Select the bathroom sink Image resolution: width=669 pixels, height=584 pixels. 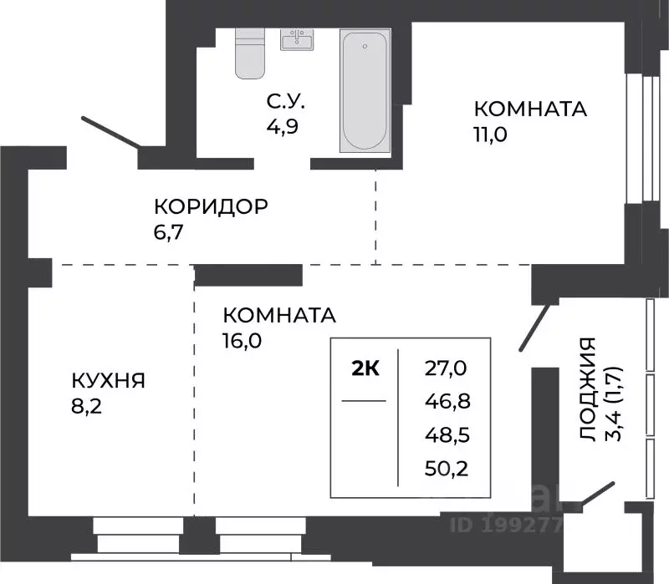tap(296, 41)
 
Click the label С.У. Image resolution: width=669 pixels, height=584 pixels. tap(286, 102)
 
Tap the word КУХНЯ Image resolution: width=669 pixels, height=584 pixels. tap(108, 381)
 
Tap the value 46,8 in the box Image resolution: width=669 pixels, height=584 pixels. tap(447, 401)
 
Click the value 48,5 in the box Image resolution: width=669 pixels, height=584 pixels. tap(447, 434)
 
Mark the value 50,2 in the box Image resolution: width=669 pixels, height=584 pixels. tap(447, 468)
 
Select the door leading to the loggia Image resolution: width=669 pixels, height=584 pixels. tap(534, 326)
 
